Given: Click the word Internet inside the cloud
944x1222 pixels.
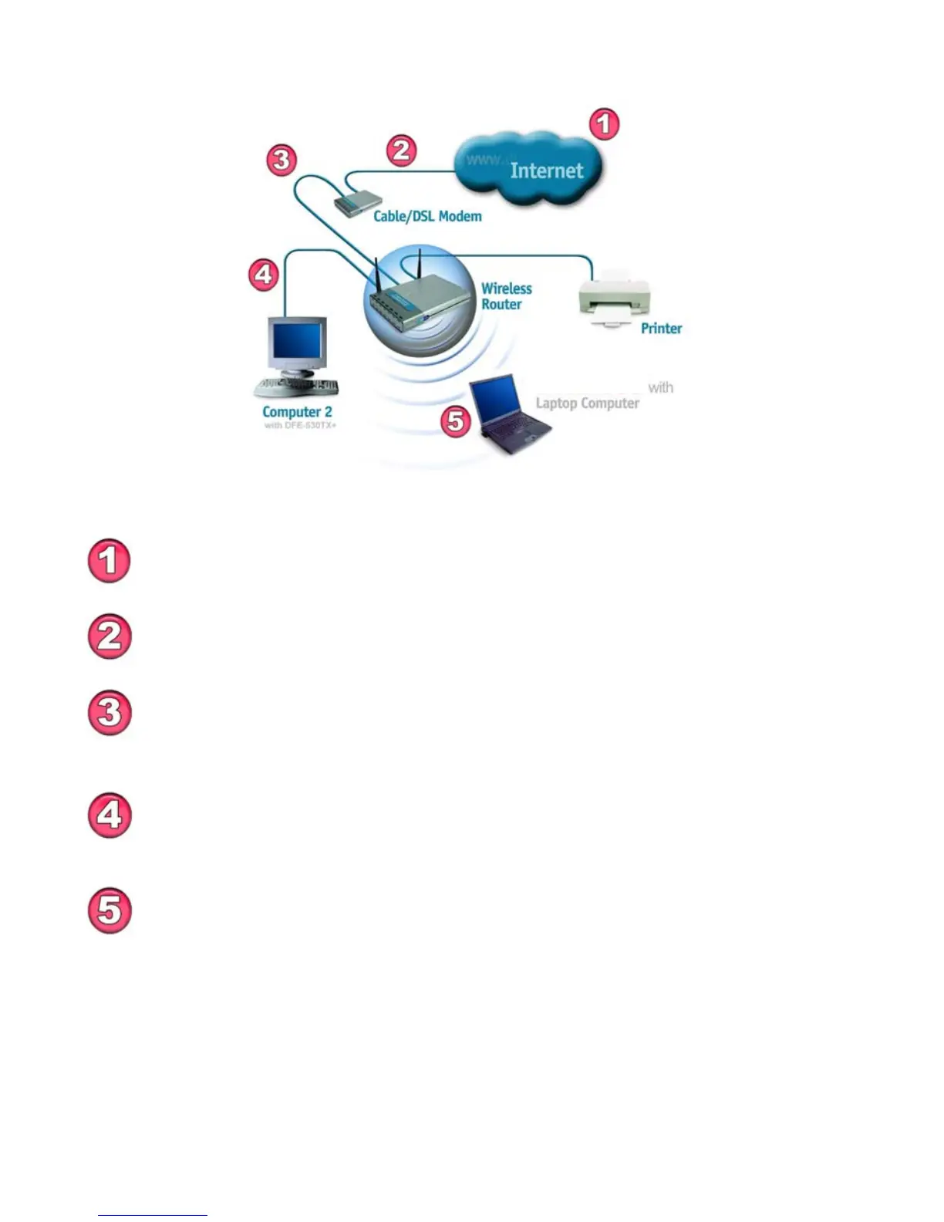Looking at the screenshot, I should [546, 170].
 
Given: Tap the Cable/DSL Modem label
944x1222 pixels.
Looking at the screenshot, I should [427, 216].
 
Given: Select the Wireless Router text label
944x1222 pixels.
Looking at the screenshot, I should [506, 296].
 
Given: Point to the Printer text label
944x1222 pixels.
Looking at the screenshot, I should [661, 329].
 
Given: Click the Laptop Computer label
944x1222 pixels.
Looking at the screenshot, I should [587, 403].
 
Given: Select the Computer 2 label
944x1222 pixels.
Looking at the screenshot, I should [297, 412].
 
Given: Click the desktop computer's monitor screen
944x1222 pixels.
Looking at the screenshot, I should [295, 345].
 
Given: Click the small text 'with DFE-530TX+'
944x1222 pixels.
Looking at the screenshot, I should [300, 426].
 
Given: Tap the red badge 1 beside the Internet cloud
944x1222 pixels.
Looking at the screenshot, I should [604, 124].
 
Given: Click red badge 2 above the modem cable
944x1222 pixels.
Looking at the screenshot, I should [401, 150].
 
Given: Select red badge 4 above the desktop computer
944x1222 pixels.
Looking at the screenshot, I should [264, 274].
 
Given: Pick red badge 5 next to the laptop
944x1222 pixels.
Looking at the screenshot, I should [456, 421].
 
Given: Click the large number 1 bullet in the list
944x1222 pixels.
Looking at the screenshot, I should [110, 561].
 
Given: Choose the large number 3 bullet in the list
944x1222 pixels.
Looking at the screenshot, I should [110, 713].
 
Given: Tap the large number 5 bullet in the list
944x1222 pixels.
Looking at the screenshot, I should [110, 911].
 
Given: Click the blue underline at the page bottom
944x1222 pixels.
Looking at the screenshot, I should [153, 1215].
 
